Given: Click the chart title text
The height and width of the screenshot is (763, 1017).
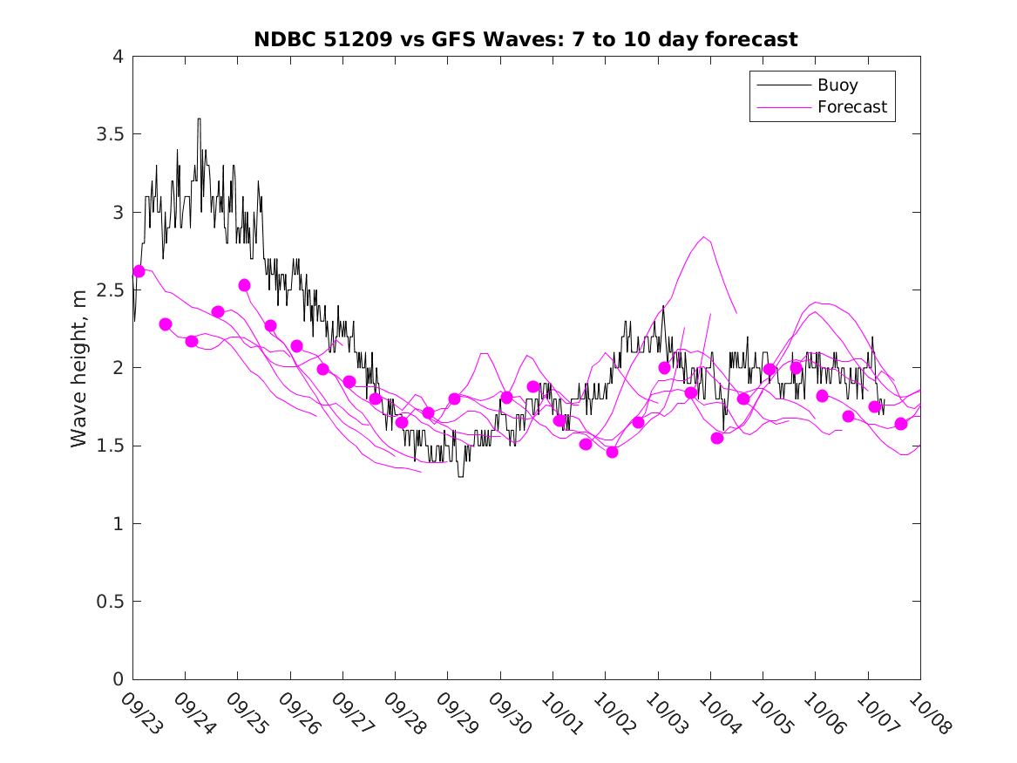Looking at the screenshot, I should [525, 40].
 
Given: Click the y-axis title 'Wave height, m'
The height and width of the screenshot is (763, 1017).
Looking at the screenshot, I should [79, 368].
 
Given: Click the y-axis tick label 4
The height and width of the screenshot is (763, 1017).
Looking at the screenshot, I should [118, 57].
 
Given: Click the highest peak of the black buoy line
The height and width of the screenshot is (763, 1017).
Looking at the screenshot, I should [199, 119].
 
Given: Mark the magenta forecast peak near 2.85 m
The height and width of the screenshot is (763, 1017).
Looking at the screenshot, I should [703, 236].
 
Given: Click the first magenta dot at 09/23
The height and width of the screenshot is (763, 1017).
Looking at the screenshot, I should [139, 271].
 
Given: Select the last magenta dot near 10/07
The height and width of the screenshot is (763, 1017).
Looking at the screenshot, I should [901, 424].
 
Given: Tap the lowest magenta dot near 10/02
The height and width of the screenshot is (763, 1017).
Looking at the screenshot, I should [612, 452].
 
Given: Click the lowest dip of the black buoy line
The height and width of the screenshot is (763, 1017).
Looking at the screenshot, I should [460, 476].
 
